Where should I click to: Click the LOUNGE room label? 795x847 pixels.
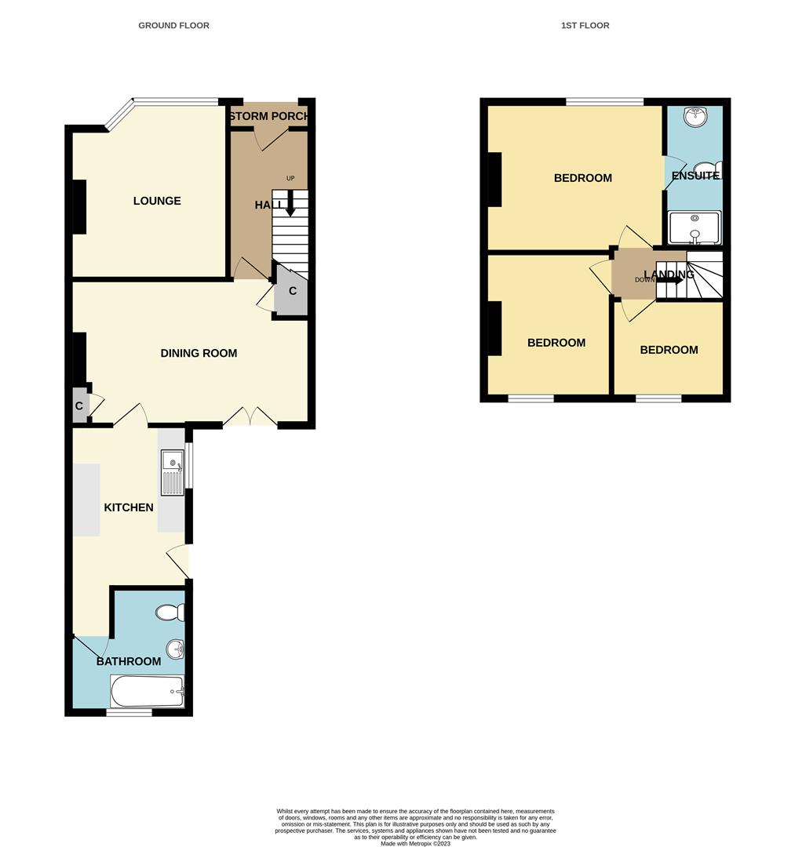[157, 201]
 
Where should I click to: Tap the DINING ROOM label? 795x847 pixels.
[199, 353]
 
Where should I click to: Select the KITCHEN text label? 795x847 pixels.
[129, 507]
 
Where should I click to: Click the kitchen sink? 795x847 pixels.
[172, 472]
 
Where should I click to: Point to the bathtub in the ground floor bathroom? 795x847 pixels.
[148, 692]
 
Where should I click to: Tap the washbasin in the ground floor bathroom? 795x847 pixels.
[175, 649]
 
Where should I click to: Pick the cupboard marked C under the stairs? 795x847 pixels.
[292, 292]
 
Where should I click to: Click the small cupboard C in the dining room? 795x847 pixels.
[79, 405]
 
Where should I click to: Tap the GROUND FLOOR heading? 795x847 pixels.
[173, 25]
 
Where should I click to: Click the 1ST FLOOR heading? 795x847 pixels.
[585, 25]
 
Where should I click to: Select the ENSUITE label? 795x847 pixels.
[695, 176]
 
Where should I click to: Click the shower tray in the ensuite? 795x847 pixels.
[694, 227]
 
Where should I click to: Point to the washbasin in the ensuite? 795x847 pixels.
[694, 118]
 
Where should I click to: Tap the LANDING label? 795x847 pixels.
[669, 274]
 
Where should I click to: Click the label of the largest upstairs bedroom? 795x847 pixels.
[582, 178]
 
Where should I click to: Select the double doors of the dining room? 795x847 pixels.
[250, 417]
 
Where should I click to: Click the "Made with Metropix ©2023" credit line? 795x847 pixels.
[415, 843]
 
